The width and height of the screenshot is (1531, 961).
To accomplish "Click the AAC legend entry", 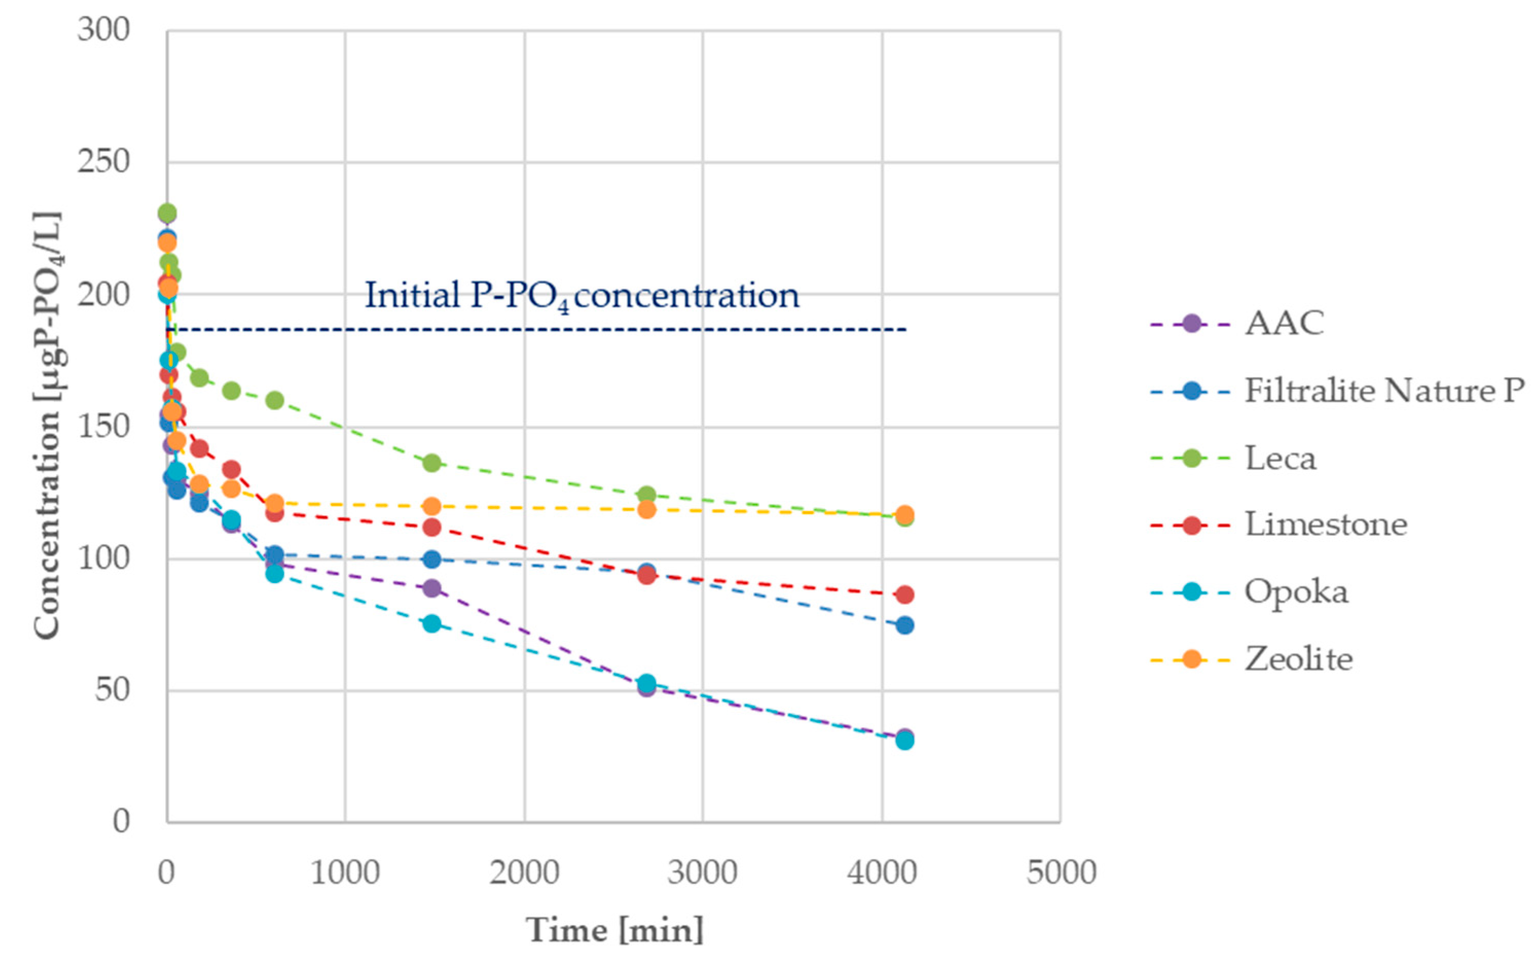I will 1283,323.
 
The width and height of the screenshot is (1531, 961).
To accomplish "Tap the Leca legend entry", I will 1280,458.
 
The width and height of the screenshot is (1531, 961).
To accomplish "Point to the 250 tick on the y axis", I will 103,161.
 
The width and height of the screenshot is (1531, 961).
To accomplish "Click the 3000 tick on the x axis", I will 702,872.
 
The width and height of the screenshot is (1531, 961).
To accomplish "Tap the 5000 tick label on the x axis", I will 1061,872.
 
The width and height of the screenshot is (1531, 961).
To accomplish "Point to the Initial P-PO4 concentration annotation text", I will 581,296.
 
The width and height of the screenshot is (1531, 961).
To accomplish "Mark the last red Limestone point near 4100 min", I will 904,595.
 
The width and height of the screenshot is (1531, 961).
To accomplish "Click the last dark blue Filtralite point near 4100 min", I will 904,625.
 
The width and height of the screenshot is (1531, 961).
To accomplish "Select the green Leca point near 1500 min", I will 432,463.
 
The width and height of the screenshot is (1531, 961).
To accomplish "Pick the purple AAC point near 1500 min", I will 432,588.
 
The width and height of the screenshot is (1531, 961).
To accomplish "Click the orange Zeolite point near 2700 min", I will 646,509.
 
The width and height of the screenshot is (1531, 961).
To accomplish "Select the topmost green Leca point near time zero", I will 167,213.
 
